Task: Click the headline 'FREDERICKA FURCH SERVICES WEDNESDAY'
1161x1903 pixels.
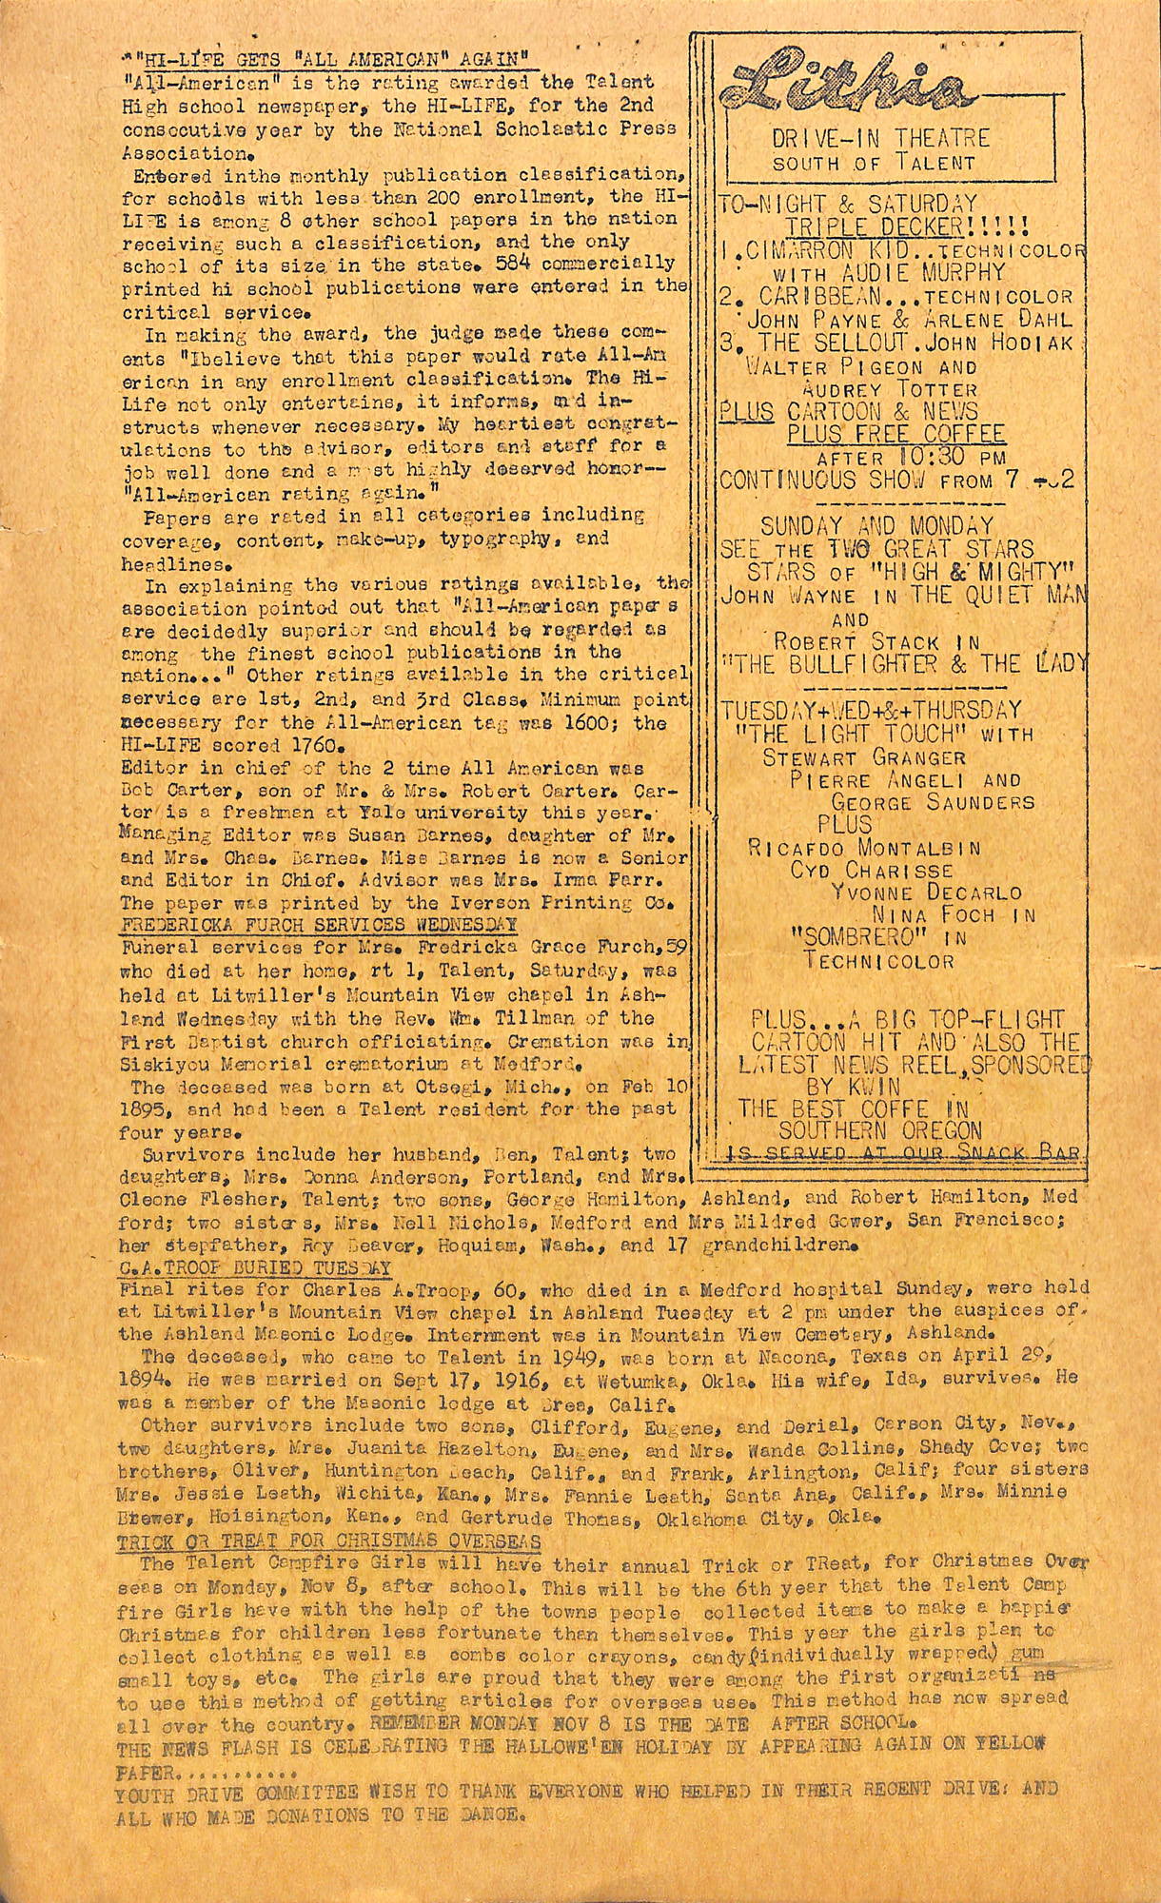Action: (319, 924)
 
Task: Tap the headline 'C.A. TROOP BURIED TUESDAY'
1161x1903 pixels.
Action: (255, 1268)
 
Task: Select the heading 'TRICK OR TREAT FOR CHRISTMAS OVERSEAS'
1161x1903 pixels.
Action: (329, 1541)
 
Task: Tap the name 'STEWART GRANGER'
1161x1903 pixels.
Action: (864, 758)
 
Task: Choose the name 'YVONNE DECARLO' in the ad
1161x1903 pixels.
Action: (926, 893)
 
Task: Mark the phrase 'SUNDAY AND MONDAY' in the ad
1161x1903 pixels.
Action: (876, 525)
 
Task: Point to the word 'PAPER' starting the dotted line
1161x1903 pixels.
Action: (145, 1774)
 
